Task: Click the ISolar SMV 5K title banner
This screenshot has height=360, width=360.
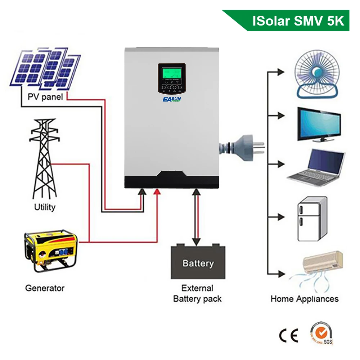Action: coord(295,21)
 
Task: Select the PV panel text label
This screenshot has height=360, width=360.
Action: coord(45,97)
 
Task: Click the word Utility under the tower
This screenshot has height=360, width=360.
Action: coord(45,207)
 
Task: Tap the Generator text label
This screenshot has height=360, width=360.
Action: coord(45,288)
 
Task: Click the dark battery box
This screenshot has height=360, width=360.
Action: coord(198,262)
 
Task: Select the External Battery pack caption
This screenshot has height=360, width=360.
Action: coord(197,293)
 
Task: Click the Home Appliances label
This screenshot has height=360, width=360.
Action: coord(305,299)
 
